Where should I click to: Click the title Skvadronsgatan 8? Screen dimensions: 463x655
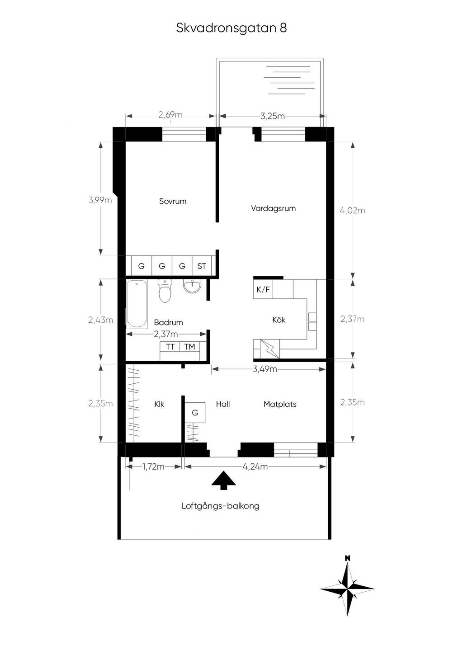(231, 28)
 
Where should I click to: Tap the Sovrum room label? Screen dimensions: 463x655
(173, 201)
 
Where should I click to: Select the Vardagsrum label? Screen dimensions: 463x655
(273, 208)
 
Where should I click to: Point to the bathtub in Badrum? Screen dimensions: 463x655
(137, 303)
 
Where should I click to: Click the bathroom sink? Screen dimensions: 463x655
(193, 286)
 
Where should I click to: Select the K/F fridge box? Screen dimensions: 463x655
(263, 289)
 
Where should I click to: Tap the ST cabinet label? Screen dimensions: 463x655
(202, 266)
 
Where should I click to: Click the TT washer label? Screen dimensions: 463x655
(170, 347)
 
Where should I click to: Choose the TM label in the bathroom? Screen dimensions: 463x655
(189, 347)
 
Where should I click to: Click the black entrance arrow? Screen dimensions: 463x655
(223, 480)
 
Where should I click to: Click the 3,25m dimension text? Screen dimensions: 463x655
(272, 116)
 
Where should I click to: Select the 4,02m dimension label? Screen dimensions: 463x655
(352, 210)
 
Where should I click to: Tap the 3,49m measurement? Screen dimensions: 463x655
(265, 369)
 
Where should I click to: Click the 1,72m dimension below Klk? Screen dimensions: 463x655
(153, 467)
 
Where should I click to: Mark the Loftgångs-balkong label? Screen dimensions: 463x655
(221, 506)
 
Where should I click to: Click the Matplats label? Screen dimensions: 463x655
(280, 404)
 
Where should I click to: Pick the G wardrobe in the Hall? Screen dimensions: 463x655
(195, 412)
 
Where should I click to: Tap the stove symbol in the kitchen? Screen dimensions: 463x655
(269, 349)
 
